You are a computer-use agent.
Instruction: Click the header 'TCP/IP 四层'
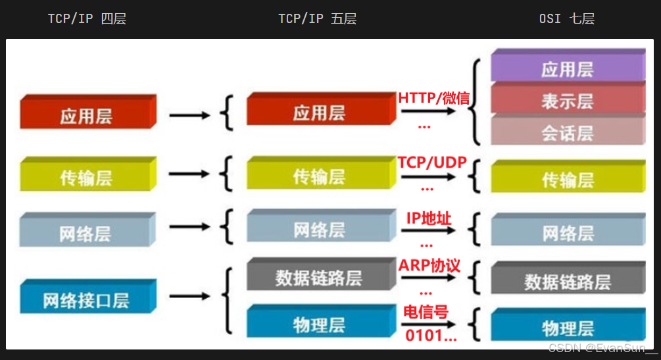(86, 18)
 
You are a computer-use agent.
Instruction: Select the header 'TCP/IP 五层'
(317, 18)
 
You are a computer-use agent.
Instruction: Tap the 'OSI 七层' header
(566, 18)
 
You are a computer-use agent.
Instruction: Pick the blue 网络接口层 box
(86, 300)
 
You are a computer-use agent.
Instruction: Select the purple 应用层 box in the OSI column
(567, 68)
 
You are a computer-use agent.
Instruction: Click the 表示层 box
(567, 101)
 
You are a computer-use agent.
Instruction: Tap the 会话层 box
(567, 133)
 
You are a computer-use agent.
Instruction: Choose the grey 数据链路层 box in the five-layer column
(318, 276)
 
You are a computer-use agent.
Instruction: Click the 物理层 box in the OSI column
(567, 327)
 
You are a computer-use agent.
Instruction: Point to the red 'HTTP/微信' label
(433, 99)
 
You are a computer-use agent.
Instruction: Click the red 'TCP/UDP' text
(431, 163)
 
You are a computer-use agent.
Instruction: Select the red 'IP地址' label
(429, 218)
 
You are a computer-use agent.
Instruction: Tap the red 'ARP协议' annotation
(429, 265)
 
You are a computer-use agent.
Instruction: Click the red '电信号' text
(425, 312)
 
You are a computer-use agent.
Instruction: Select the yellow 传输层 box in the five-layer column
(318, 176)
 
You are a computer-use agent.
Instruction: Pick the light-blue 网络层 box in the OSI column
(567, 232)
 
